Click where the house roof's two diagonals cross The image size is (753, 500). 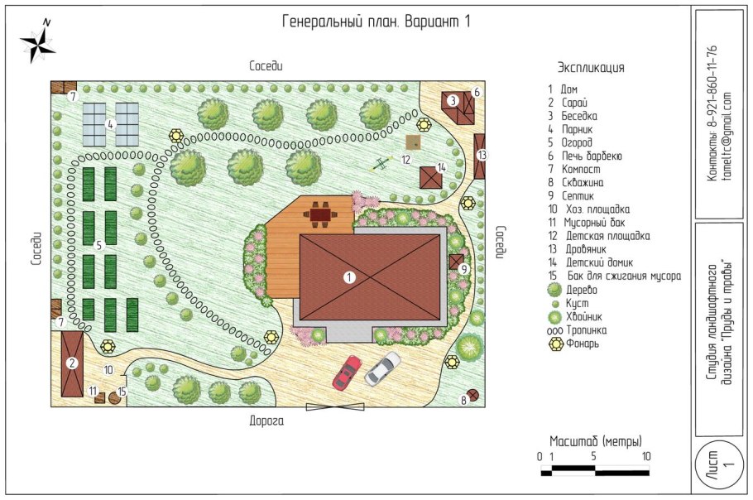coord(370,277)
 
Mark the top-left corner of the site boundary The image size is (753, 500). coord(51,80)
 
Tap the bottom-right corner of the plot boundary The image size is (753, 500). coord(485,406)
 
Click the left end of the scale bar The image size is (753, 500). coord(541,470)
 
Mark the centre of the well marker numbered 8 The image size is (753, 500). coord(473,396)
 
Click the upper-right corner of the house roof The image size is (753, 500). coord(440,235)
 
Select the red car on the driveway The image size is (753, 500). coord(348,373)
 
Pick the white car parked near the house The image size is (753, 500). coord(383,368)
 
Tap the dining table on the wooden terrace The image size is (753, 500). coord(320,214)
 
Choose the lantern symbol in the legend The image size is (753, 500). coord(556,344)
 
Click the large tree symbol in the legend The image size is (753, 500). coord(554,290)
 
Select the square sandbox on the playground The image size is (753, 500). coord(413,142)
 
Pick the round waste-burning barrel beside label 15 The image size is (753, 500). coord(114,398)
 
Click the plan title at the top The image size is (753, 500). coord(376,22)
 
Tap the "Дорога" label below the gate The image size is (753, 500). coord(266,421)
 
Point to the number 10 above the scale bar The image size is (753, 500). coord(646,456)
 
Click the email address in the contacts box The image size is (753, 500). coord(727,137)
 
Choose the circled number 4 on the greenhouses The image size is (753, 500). coord(110,124)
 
